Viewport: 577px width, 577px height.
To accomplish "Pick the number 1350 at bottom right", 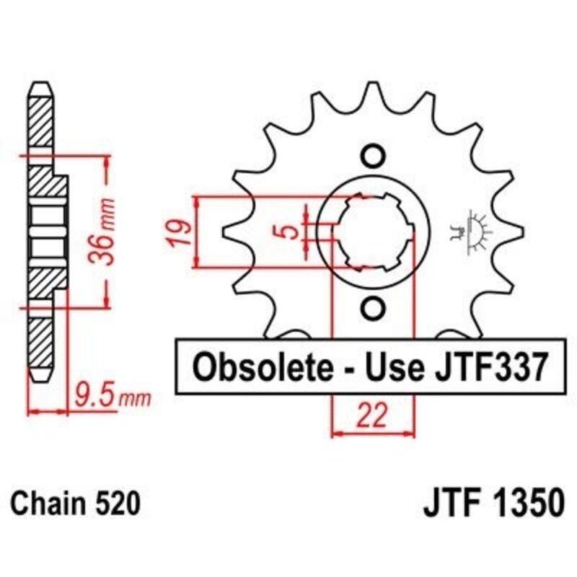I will [521, 503].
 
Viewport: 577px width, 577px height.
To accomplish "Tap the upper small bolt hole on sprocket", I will [373, 156].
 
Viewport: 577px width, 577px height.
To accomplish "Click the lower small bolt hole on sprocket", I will [373, 308].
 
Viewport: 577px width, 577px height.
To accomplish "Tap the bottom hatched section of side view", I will [40, 339].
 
